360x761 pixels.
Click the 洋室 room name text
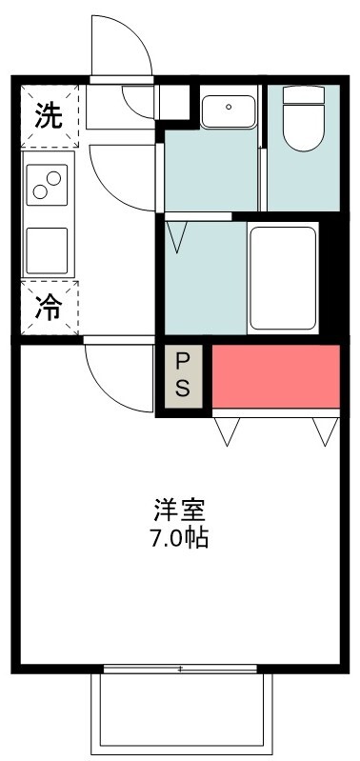178,510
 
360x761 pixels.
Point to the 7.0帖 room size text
178,537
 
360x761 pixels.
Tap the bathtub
282,278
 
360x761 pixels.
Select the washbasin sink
228,110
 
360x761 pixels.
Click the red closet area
275,375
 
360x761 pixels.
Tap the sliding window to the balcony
180,669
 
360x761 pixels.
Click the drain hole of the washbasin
228,107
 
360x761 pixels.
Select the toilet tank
305,97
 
